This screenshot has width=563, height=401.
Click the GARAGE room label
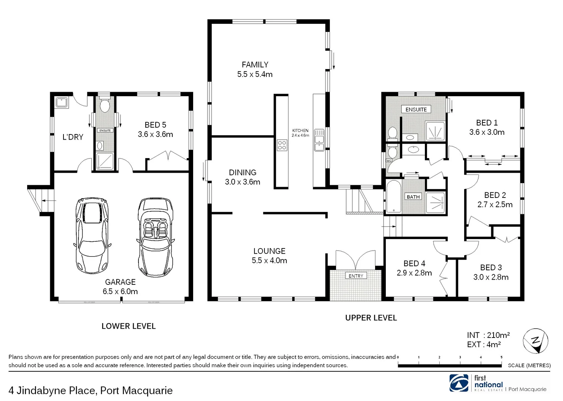(120, 282)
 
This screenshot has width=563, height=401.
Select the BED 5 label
(155, 125)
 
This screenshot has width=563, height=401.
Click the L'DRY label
(73, 137)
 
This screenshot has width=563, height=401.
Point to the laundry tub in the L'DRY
(61, 102)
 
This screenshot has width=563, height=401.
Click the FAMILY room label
(255, 65)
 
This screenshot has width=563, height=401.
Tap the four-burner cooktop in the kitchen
(282, 145)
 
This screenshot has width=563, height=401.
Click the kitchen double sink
(319, 140)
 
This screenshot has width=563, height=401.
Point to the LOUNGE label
(269, 251)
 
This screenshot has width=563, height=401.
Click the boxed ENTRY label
(356, 276)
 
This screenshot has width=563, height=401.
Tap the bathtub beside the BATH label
(393, 197)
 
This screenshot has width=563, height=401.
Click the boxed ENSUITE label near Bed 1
(416, 110)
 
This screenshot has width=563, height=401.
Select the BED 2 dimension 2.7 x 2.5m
(495, 205)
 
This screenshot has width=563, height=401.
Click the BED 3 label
(491, 268)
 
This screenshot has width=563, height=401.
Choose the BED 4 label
(414, 264)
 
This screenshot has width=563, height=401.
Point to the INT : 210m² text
(488, 335)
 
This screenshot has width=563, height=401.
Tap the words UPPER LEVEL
(371, 318)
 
